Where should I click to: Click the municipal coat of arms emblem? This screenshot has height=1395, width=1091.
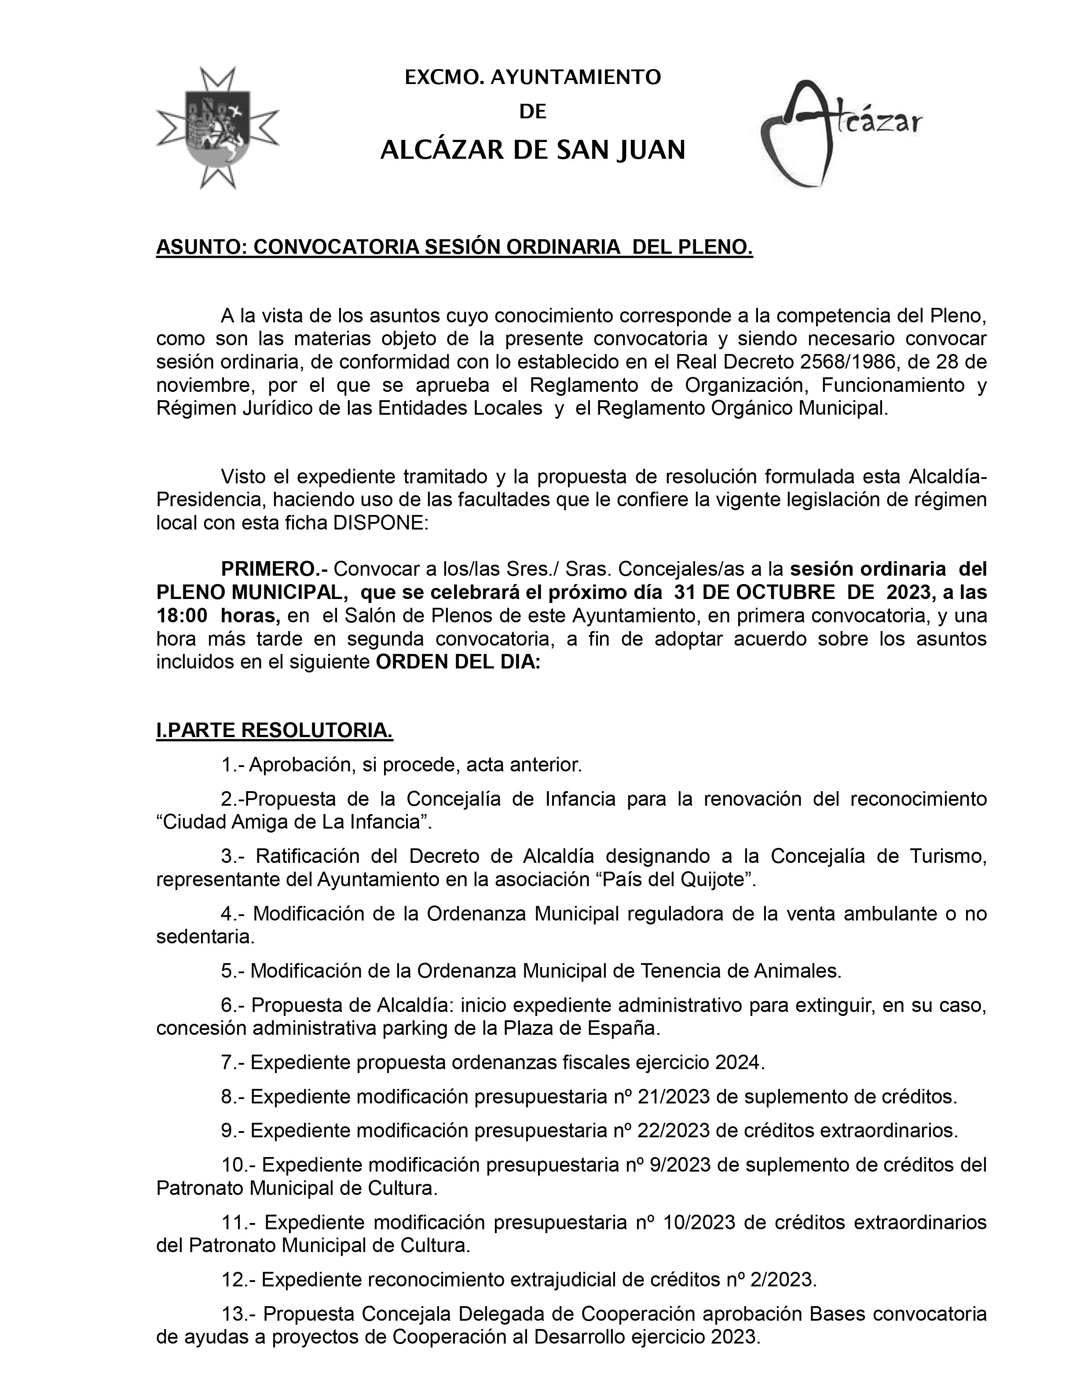[x=218, y=127]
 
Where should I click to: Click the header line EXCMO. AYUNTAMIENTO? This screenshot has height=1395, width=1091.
[x=533, y=77]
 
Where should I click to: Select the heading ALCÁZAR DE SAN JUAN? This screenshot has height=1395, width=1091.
[x=533, y=151]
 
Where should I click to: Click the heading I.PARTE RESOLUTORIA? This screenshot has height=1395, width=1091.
[x=275, y=731]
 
